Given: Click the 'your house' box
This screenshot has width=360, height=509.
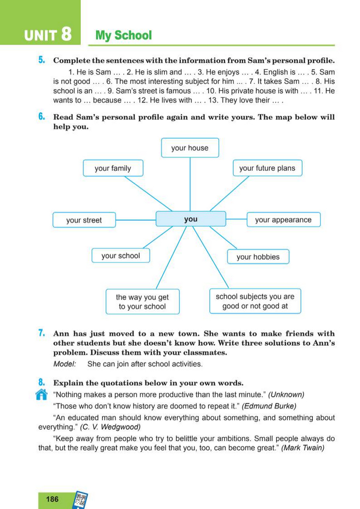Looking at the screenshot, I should click(190, 148).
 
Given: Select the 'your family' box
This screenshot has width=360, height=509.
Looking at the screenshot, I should click(113, 168).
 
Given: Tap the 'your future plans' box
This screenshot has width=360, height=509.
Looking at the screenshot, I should click(267, 168).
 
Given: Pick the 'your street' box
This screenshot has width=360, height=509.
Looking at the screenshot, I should click(84, 220).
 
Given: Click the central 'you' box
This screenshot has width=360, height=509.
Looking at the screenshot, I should click(191, 219).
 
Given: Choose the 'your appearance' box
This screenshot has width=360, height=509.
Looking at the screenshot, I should click(283, 220).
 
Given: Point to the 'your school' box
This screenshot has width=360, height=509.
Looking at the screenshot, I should click(121, 256).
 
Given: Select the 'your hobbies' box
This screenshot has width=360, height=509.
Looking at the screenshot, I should click(258, 257).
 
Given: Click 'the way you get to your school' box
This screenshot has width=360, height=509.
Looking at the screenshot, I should click(142, 302).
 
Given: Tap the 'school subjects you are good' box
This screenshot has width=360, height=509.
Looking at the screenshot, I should click(255, 301).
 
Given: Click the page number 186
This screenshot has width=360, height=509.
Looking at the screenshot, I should click(52, 499).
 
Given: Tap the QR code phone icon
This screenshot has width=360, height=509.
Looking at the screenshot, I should click(80, 500).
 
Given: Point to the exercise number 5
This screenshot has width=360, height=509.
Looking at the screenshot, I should click(41, 61).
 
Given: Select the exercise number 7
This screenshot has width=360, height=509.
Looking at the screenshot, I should click(41, 333).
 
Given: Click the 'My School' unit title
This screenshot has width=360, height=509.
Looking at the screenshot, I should click(124, 36).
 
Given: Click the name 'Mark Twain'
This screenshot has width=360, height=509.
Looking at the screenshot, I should click(303, 448).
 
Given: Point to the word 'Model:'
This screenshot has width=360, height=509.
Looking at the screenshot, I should click(65, 364).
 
